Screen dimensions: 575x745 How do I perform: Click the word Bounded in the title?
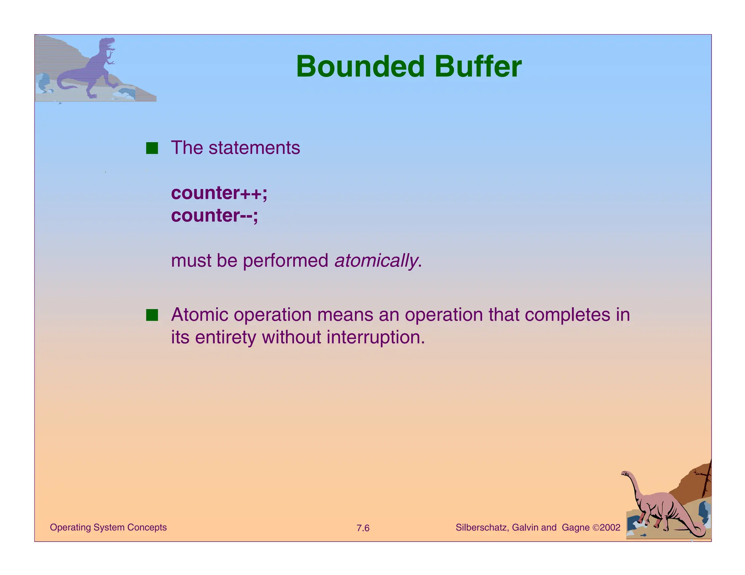click(360, 67)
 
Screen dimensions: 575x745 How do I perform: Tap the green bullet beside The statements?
click(152, 148)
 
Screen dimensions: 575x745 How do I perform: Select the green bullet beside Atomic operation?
click(152, 315)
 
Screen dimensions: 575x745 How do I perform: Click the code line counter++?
click(219, 193)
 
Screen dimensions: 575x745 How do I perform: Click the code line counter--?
click(214, 216)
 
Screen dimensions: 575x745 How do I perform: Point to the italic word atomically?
click(376, 261)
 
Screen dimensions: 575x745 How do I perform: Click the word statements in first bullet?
click(254, 148)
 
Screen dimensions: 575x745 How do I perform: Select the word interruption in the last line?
click(375, 337)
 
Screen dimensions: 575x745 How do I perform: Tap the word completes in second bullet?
click(567, 315)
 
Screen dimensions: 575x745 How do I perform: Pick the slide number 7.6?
click(363, 528)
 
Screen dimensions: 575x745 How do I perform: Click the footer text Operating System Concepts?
click(108, 527)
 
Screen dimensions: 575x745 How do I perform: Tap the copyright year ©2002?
click(606, 527)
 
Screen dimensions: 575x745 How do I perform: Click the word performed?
click(286, 261)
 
